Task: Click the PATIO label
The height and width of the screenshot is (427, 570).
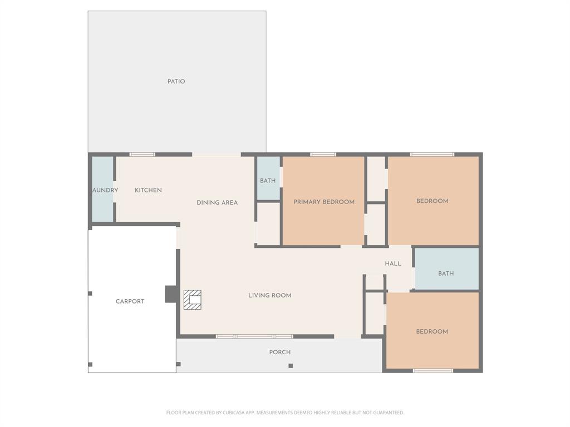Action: click(176, 82)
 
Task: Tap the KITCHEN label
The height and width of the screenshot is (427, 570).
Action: click(148, 190)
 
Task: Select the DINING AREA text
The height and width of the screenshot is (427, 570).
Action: click(217, 202)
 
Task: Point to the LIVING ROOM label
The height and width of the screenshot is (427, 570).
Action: click(269, 295)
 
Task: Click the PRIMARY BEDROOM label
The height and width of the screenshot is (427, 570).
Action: click(324, 202)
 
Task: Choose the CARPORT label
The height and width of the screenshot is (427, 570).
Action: click(130, 301)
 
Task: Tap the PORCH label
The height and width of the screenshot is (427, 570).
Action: click(279, 352)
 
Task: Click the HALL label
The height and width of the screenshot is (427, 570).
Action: click(392, 264)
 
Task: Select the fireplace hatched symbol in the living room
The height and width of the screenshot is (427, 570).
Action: click(193, 300)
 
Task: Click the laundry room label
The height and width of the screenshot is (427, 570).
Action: click(105, 190)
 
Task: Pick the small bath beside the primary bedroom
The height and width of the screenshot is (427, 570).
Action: click(268, 181)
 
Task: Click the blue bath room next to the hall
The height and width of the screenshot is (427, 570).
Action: click(446, 274)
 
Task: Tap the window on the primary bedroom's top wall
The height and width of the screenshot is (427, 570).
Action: click(323, 155)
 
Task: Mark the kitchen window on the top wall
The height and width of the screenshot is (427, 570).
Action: click(142, 155)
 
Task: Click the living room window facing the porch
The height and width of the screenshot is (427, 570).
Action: click(254, 336)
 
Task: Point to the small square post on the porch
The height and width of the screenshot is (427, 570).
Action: click(291, 365)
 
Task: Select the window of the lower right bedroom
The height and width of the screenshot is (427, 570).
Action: click(433, 370)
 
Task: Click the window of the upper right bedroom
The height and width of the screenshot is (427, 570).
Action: click(432, 155)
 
